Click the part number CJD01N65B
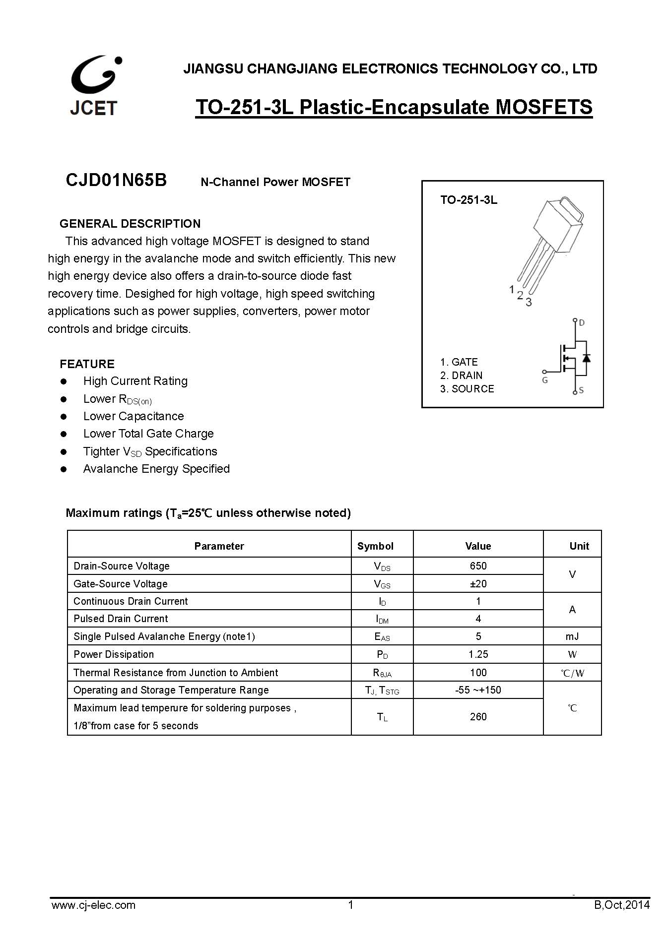click(116, 180)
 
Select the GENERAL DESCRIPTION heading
click(130, 224)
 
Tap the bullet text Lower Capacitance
click(134, 416)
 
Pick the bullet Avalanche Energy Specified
click(156, 469)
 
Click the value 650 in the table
click(478, 566)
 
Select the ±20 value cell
click(478, 584)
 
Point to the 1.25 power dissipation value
click(478, 654)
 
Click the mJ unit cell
click(572, 636)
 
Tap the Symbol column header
click(375, 546)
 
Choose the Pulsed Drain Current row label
click(121, 619)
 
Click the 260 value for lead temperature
click(478, 717)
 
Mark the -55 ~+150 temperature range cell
click(478, 690)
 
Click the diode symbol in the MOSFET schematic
click(586, 358)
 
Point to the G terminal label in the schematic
click(545, 380)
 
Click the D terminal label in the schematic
click(582, 323)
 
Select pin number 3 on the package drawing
click(529, 302)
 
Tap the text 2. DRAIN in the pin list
click(461, 376)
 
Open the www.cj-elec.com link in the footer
click(93, 905)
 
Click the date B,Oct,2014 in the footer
click(621, 905)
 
